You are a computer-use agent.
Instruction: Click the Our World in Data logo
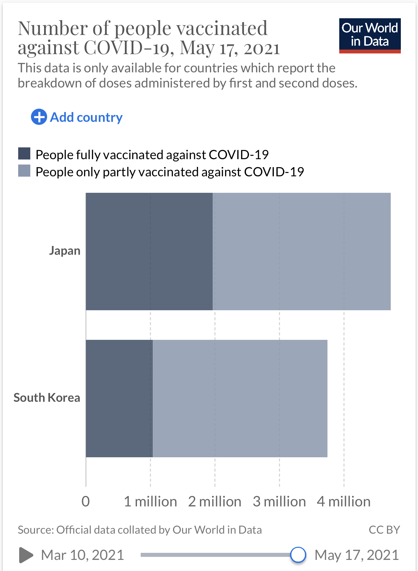(x=370, y=36)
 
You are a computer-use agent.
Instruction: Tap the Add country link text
(x=86, y=117)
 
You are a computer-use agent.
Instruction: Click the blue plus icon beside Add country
(x=39, y=117)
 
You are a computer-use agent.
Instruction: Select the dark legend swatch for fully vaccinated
(x=24, y=154)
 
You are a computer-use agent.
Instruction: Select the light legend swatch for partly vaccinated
(x=24, y=171)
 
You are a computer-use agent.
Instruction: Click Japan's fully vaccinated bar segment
(x=149, y=251)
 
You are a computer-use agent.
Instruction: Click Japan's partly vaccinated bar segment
(x=302, y=251)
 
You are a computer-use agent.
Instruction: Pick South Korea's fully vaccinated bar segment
(x=119, y=398)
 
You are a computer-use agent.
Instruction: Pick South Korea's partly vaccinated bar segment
(x=240, y=398)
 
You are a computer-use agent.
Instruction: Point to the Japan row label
(x=65, y=251)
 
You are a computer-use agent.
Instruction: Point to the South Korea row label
(x=47, y=398)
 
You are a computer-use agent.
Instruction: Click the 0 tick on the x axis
(x=86, y=501)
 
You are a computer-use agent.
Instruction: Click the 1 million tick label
(x=150, y=501)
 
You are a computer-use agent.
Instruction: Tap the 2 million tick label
(x=215, y=501)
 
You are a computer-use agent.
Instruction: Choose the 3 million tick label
(x=279, y=501)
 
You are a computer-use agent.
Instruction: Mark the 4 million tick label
(x=344, y=501)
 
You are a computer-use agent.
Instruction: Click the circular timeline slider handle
(x=298, y=555)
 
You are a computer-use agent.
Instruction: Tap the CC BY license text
(x=384, y=530)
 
